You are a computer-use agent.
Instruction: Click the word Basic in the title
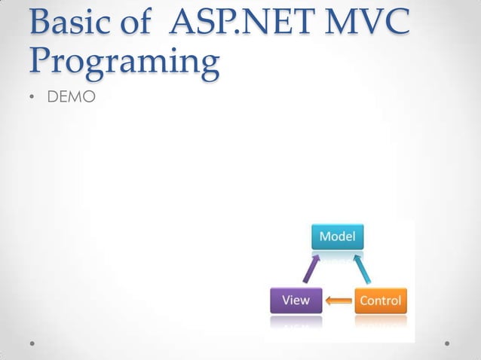point(69,24)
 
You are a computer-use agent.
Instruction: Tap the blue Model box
point(339,236)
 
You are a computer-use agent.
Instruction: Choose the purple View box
point(296,301)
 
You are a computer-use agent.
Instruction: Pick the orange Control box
point(381,301)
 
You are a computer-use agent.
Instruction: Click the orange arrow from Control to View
point(339,301)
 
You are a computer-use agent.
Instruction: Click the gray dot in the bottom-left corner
point(33,343)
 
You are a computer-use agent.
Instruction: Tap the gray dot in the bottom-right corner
point(447,343)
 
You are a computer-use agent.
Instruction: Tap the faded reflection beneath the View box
point(296,321)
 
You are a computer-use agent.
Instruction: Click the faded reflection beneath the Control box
point(381,321)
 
